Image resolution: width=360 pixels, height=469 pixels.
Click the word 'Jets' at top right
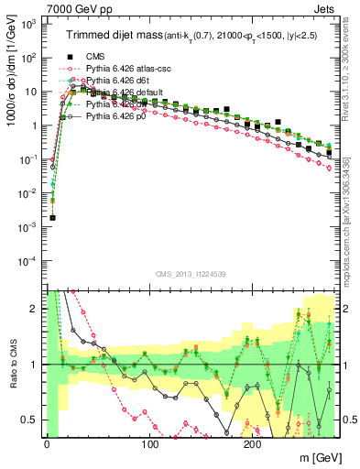coord(325,8)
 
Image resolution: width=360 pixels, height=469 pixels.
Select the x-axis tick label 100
coord(149,445)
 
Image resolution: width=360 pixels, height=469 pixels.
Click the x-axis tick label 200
coord(253,445)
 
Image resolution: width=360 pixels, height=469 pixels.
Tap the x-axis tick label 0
coord(46,445)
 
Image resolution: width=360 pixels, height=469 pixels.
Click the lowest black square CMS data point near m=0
coord(52,218)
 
